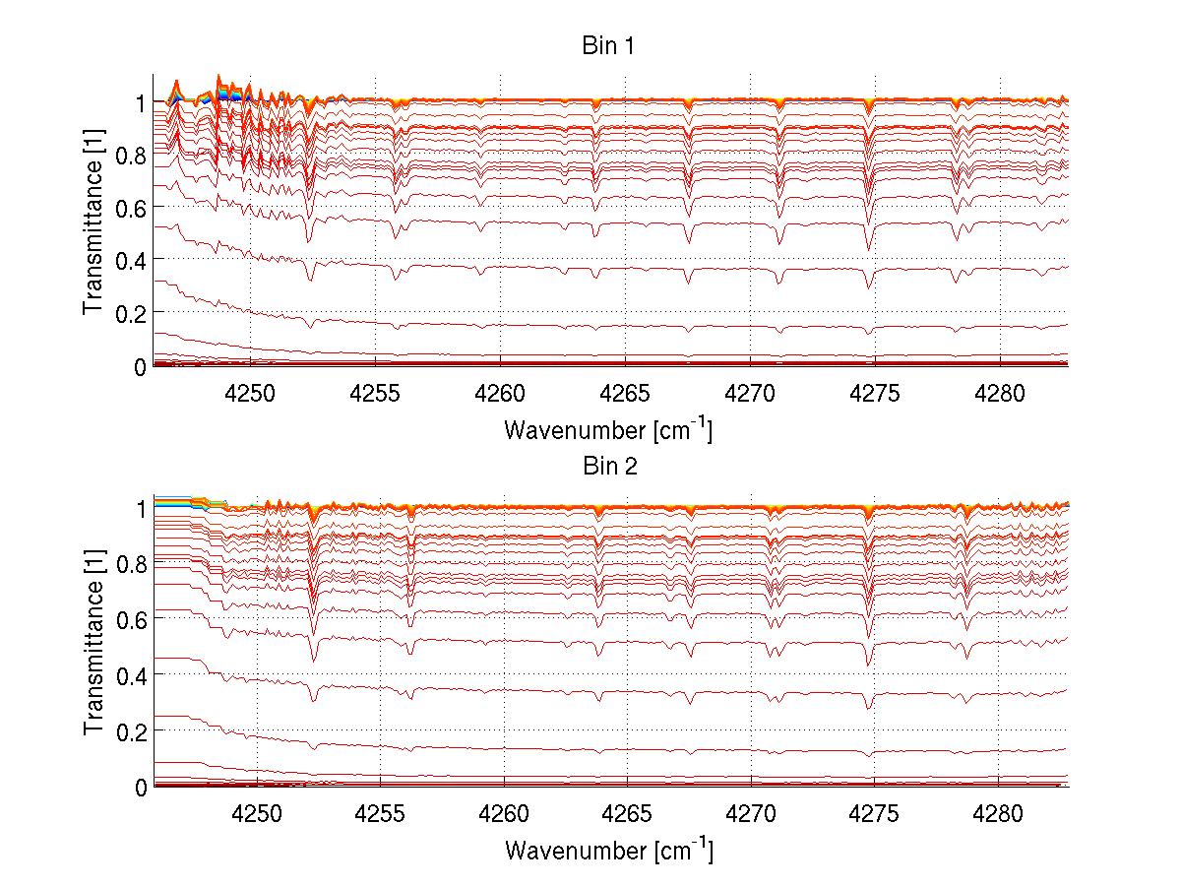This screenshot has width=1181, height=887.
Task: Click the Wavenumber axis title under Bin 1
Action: coord(608,429)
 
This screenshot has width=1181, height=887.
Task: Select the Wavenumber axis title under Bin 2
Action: coord(608,849)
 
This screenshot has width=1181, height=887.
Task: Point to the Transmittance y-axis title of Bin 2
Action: coord(93,641)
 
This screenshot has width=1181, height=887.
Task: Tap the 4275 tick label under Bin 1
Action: coord(875,393)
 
